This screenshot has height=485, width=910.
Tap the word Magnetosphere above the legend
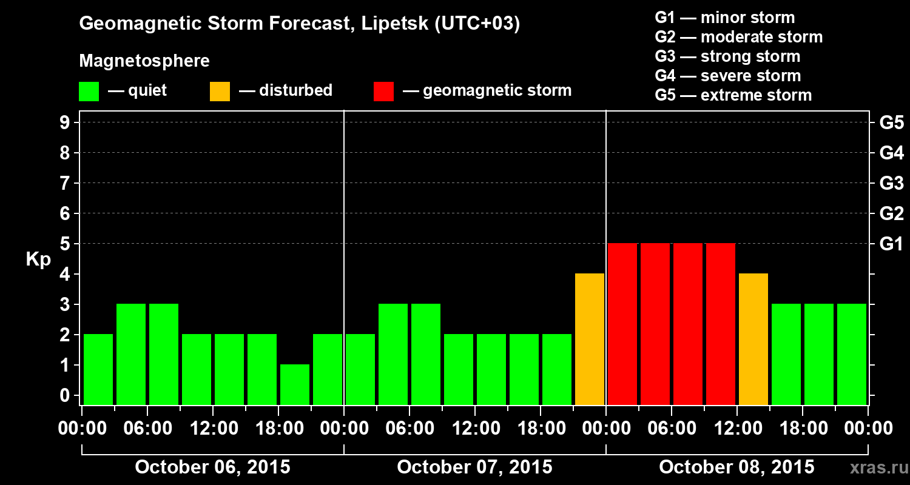144,61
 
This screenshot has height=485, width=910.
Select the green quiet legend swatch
89,92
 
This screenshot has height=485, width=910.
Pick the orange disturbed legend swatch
220,92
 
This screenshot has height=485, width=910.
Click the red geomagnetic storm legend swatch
383,92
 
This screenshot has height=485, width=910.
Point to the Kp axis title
38,259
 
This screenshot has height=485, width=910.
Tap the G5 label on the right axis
891,123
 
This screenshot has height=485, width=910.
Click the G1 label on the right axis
891,244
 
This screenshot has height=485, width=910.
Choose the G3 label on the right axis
891,184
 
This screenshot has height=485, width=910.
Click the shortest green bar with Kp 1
295,384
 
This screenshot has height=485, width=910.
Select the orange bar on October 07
590,339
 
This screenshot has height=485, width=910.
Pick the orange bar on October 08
753,339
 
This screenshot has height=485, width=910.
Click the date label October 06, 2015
212,467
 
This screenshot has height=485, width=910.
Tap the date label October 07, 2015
474,467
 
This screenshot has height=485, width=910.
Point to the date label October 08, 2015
736,467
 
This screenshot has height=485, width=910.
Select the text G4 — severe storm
728,76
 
